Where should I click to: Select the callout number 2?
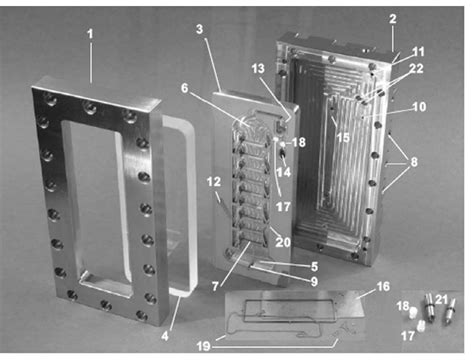click(x=393, y=18)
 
